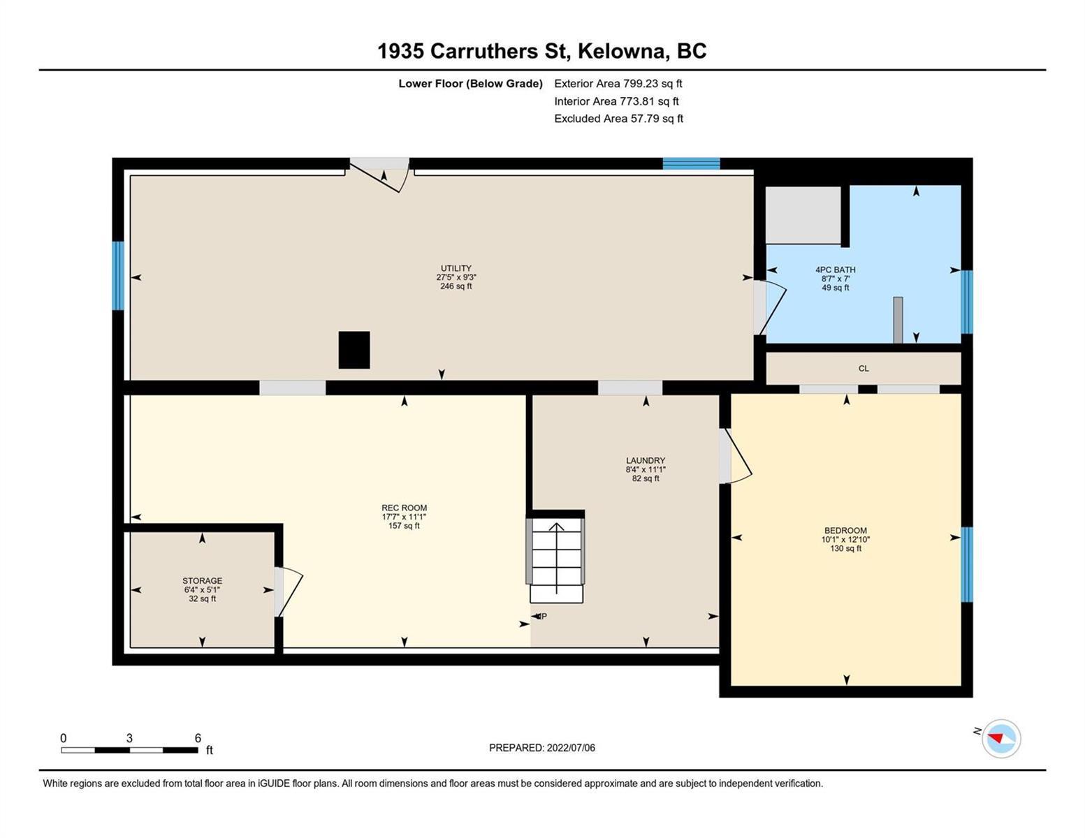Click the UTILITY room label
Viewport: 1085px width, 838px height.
pyautogui.click(x=456, y=268)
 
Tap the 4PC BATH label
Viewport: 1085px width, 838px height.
pyautogui.click(x=836, y=270)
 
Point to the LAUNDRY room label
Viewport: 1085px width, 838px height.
pyautogui.click(x=646, y=460)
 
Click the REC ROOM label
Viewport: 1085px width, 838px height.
pyautogui.click(x=404, y=508)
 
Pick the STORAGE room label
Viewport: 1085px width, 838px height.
pyautogui.click(x=202, y=580)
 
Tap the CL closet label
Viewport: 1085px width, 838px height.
pyautogui.click(x=864, y=368)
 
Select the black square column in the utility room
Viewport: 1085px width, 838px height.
pyautogui.click(x=354, y=350)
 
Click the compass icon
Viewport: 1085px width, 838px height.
pyautogui.click(x=1000, y=739)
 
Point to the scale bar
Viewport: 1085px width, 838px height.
pyautogui.click(x=130, y=750)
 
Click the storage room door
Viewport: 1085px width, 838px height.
pyautogui.click(x=288, y=592)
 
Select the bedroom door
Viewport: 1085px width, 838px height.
pyautogui.click(x=735, y=456)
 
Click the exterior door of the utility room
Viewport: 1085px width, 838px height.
pyautogui.click(x=379, y=175)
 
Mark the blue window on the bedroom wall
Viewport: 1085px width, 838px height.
pyautogui.click(x=967, y=564)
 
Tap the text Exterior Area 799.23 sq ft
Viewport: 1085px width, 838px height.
pyautogui.click(x=618, y=83)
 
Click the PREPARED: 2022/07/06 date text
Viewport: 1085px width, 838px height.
pyautogui.click(x=542, y=748)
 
